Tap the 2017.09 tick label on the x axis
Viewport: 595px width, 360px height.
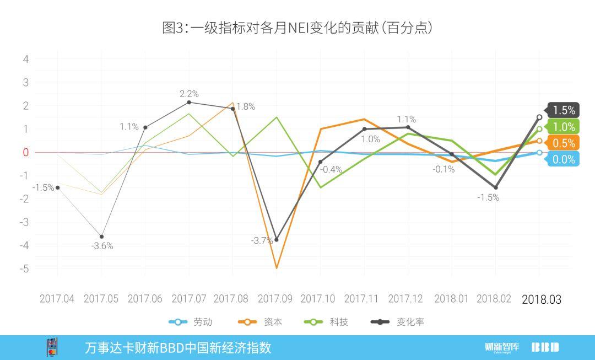(x=275, y=299)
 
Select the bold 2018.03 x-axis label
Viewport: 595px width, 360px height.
(x=541, y=299)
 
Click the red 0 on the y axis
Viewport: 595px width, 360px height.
(x=25, y=152)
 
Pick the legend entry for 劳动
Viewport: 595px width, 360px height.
(x=191, y=322)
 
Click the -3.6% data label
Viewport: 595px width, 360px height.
(x=102, y=246)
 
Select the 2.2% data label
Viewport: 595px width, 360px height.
(x=189, y=94)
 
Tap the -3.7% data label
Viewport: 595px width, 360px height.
(x=262, y=241)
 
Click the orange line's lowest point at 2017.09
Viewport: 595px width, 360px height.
(x=276, y=268)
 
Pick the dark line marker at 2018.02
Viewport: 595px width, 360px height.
(x=495, y=187)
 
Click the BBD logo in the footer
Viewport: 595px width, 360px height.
(x=545, y=347)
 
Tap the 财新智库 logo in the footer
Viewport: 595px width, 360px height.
(x=502, y=347)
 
